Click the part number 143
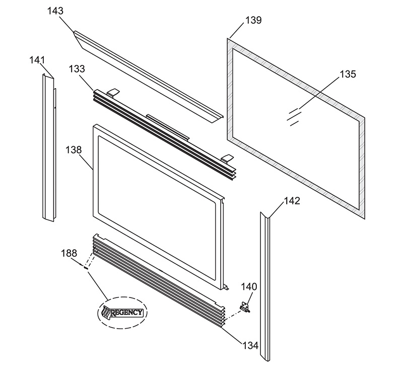tap(55, 11)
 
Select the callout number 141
tap(37, 60)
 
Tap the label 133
tap(77, 69)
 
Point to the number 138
tap(74, 150)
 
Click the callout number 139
tap(253, 20)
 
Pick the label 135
tap(348, 74)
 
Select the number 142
tap(292, 201)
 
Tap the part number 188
tap(69, 253)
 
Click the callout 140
tap(249, 286)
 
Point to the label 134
tap(250, 346)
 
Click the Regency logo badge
tap(122, 313)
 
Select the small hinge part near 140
tap(245, 307)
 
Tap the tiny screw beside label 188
tap(86, 267)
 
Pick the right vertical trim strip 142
tap(265, 286)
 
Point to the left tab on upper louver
tap(113, 93)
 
